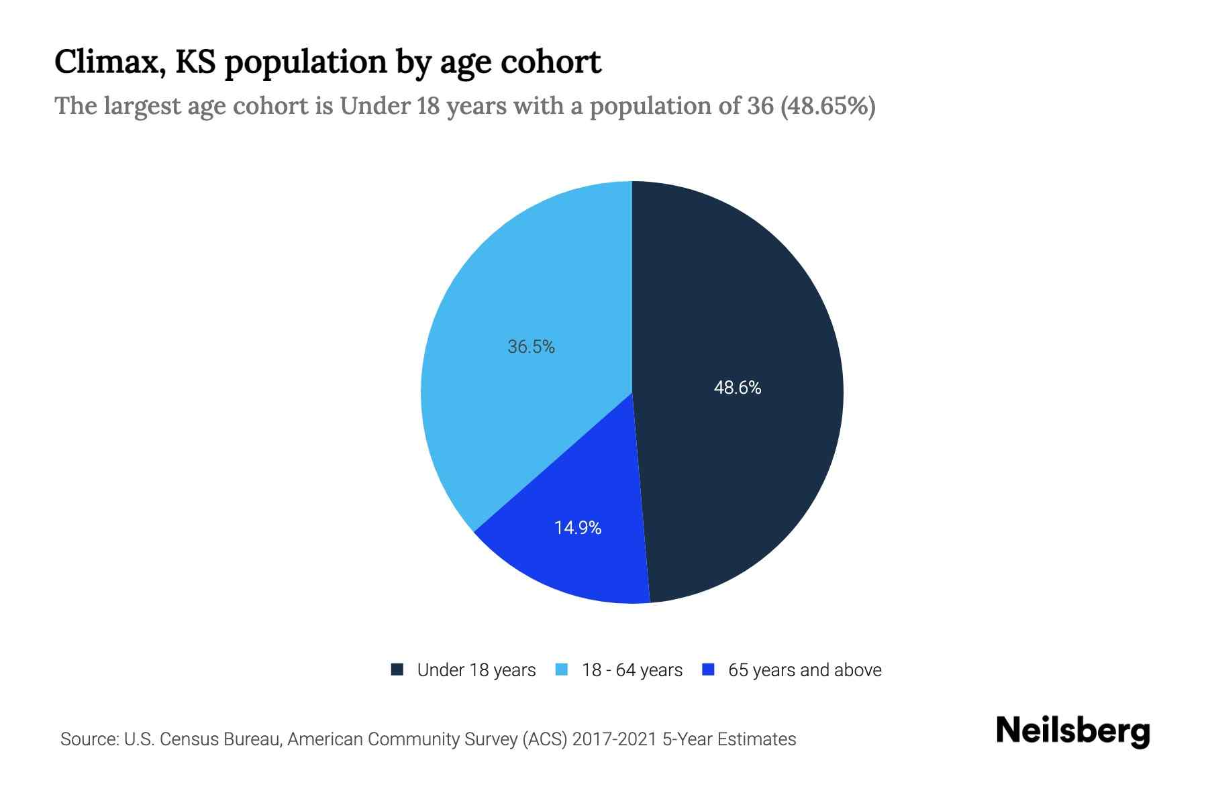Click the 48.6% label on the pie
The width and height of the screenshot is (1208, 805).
click(x=737, y=388)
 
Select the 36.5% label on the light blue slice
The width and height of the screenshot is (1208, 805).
click(x=531, y=347)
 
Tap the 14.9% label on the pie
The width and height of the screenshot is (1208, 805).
click(x=577, y=528)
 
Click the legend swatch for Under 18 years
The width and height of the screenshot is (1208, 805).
click(x=397, y=669)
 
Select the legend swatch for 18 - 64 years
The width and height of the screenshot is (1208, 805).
click(x=562, y=669)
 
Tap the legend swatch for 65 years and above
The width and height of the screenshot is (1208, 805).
click(x=708, y=669)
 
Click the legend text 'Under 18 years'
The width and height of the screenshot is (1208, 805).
click(x=476, y=670)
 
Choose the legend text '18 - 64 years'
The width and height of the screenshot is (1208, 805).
click(x=632, y=670)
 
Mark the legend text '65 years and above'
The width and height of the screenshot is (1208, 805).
click(x=804, y=670)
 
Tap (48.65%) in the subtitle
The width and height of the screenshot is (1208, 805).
click(x=827, y=106)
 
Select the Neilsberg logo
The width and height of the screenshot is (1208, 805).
click(x=1072, y=731)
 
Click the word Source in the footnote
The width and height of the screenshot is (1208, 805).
click(x=88, y=739)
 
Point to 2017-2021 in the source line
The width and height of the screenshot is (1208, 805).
click(x=614, y=739)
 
